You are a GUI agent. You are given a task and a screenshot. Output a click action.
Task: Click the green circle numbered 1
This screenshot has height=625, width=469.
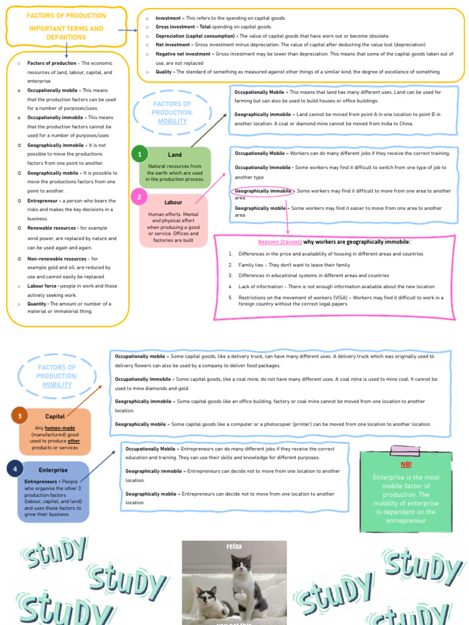(139, 155)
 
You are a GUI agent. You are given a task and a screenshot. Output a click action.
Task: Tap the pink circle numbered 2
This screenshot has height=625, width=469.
(139, 197)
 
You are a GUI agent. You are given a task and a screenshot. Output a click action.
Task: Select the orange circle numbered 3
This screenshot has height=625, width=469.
(20, 416)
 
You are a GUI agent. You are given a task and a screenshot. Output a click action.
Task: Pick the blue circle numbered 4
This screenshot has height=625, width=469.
(15, 469)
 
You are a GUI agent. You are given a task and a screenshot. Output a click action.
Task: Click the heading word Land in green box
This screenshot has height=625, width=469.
(175, 155)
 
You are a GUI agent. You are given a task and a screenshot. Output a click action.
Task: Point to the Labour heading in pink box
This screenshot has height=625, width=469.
(173, 202)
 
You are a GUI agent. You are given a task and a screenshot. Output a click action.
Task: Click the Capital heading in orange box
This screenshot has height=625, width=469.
(55, 416)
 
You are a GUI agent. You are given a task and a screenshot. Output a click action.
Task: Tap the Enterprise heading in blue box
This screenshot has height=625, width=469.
(53, 470)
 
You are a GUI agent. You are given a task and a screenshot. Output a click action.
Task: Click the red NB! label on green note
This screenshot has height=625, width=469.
(406, 464)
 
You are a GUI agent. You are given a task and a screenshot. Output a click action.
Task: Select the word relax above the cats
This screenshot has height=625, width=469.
(234, 546)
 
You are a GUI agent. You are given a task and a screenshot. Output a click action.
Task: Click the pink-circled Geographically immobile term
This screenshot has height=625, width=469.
(263, 191)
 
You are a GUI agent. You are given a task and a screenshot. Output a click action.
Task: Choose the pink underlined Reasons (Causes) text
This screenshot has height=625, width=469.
(280, 242)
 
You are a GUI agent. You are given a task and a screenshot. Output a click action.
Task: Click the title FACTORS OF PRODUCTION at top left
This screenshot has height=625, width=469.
(67, 16)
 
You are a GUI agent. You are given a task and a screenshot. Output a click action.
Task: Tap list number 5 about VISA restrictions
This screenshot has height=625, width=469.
(231, 297)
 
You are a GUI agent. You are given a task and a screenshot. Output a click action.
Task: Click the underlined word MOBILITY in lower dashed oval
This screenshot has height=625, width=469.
(57, 385)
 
